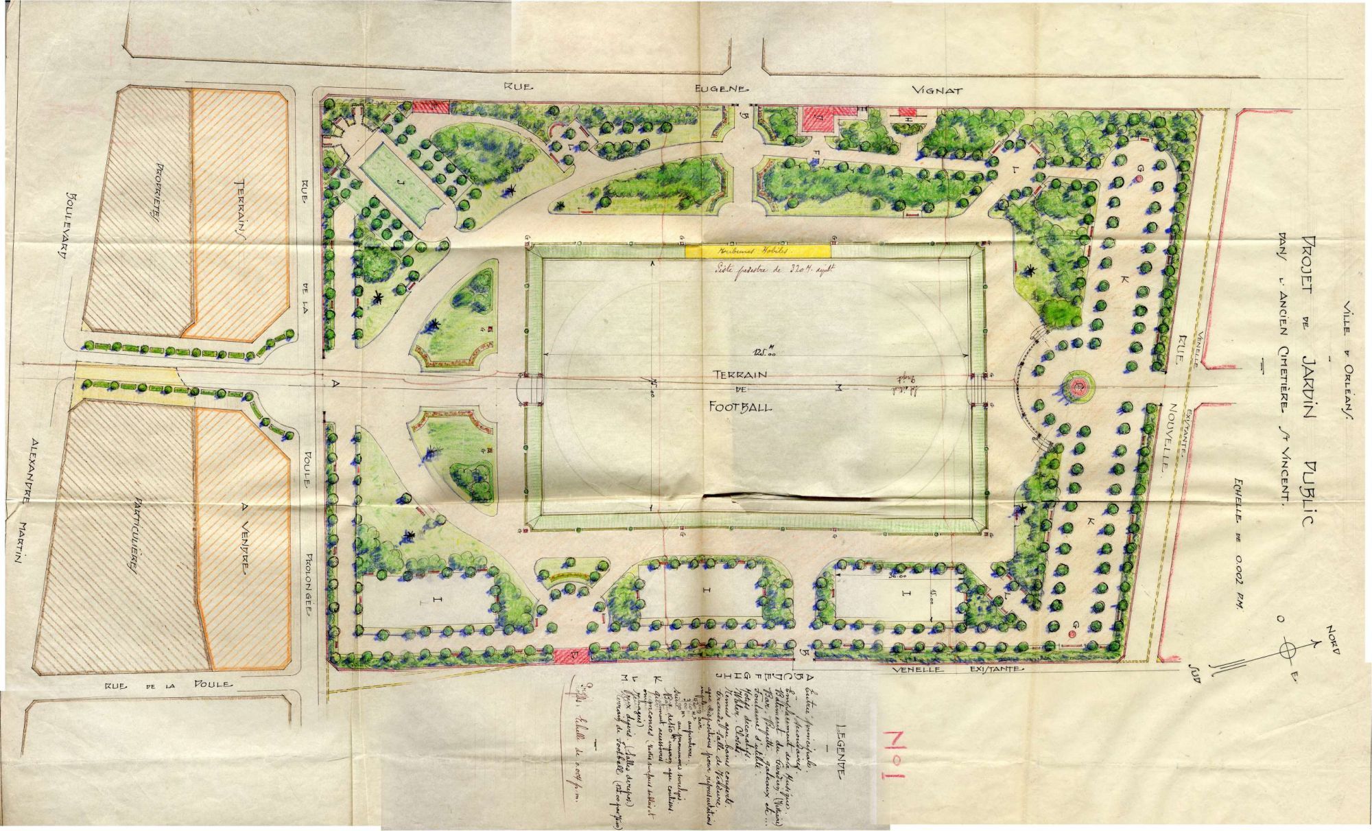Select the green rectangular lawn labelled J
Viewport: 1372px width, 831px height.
(400, 184)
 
